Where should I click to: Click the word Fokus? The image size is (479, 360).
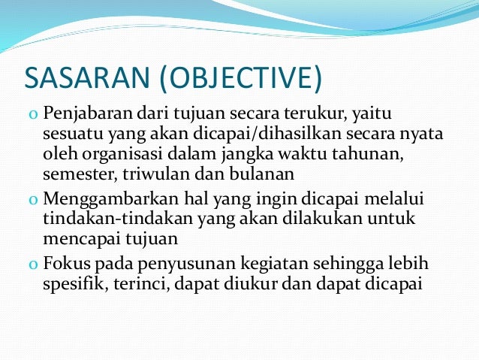click(x=66, y=264)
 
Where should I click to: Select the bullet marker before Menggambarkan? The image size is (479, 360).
click(x=34, y=201)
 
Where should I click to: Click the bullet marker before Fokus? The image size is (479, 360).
click(x=34, y=265)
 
